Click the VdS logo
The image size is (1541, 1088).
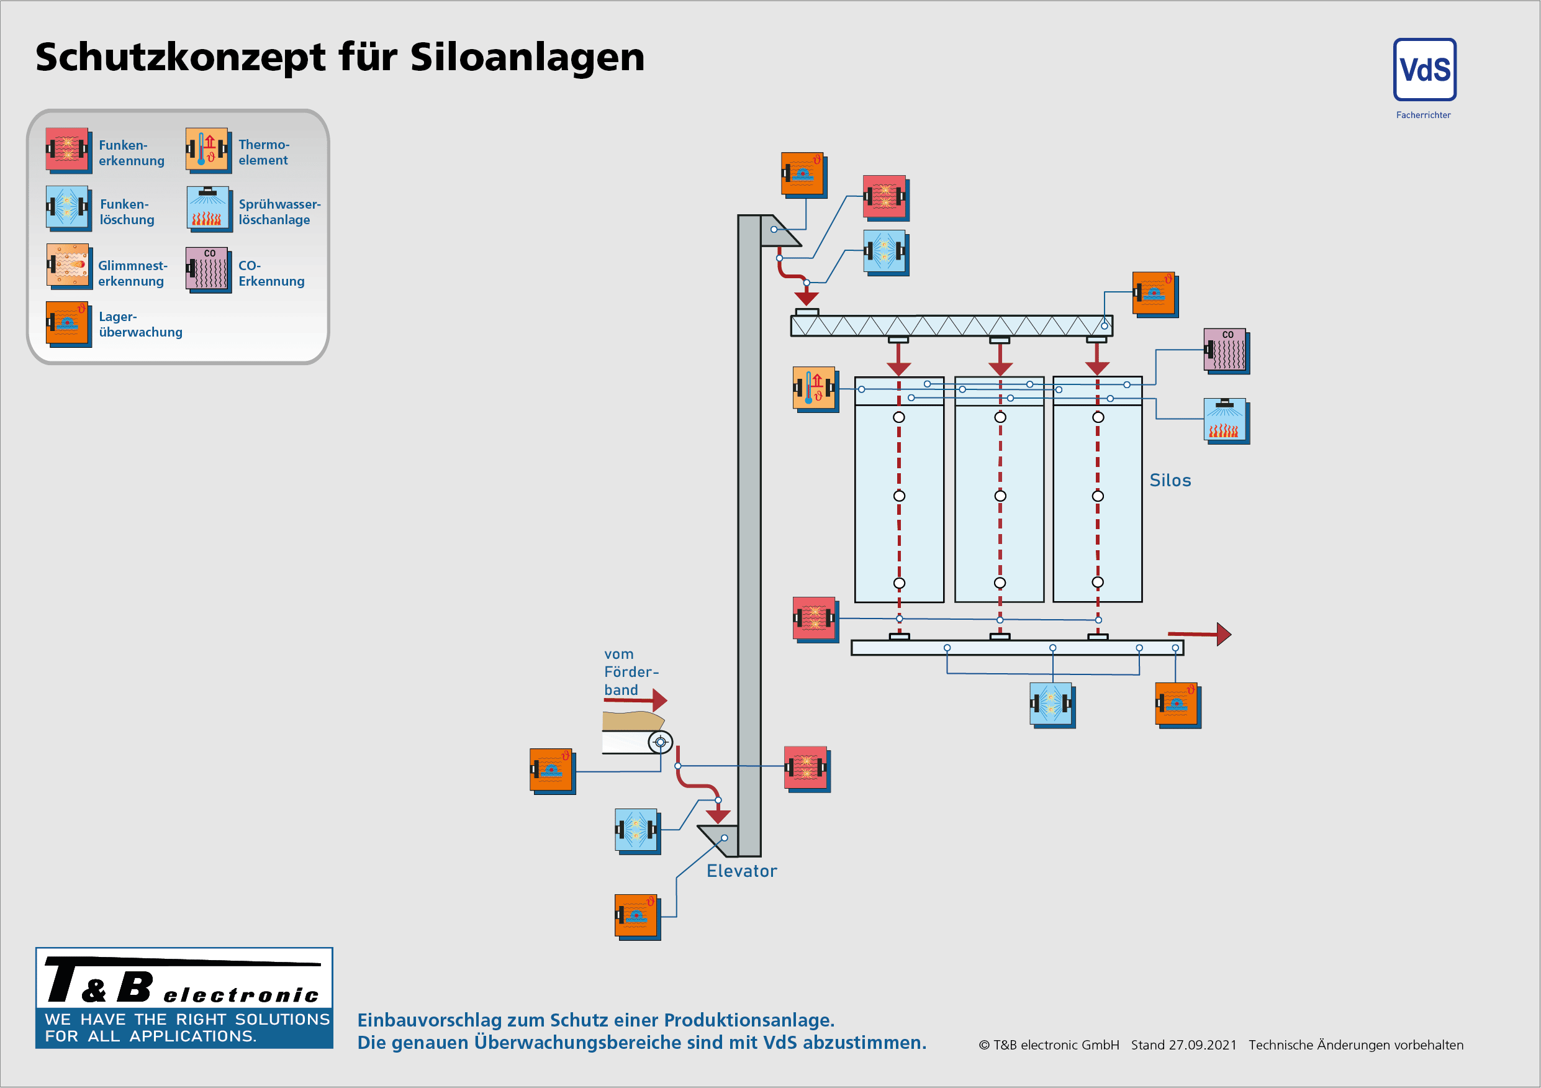click(1424, 70)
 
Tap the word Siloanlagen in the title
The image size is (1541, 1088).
click(527, 57)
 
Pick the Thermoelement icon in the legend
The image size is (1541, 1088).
click(207, 149)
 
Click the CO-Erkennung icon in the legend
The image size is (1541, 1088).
click(207, 269)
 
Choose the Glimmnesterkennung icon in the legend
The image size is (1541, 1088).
click(68, 265)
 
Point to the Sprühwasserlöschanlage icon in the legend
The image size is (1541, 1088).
click(208, 208)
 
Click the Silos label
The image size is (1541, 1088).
click(1170, 481)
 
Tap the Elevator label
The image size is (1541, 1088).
click(741, 871)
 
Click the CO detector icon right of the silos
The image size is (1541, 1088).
click(1226, 350)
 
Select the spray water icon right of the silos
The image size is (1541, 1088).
click(1226, 420)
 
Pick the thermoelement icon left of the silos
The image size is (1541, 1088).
click(814, 388)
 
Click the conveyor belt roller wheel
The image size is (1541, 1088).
click(661, 742)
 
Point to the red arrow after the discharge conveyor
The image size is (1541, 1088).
click(1221, 633)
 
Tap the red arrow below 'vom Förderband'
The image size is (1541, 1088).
click(658, 700)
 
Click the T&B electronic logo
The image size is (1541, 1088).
click(184, 997)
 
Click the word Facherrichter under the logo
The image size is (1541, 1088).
click(1423, 116)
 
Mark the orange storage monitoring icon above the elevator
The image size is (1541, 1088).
click(803, 174)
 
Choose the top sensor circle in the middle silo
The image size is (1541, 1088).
click(1000, 417)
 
